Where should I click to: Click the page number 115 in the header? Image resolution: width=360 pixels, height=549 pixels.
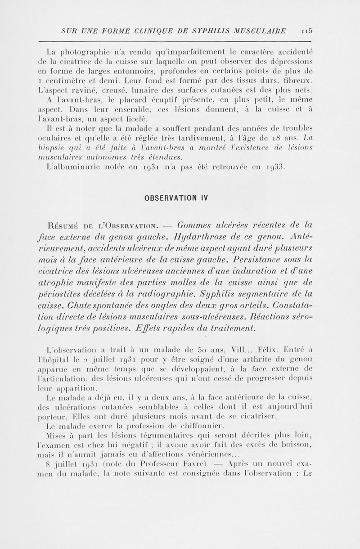click(x=308, y=31)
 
